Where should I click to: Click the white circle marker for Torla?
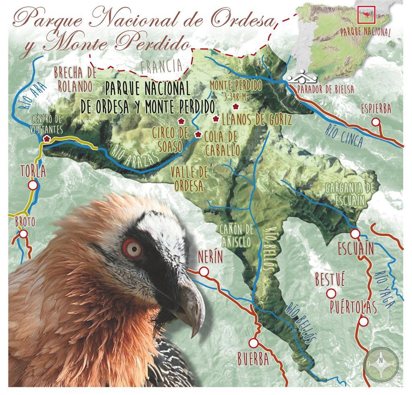[33, 185]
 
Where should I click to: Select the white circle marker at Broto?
[23, 234]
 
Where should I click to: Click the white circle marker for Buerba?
[253, 343]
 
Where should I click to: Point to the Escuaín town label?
[356, 249]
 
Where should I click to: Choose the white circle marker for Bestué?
[331, 293]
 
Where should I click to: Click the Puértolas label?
[353, 308]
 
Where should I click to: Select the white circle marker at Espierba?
[375, 122]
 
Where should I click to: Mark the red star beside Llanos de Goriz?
[216, 119]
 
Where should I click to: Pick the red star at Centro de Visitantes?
[47, 138]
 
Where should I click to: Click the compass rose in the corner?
[381, 362]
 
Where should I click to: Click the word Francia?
[161, 66]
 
